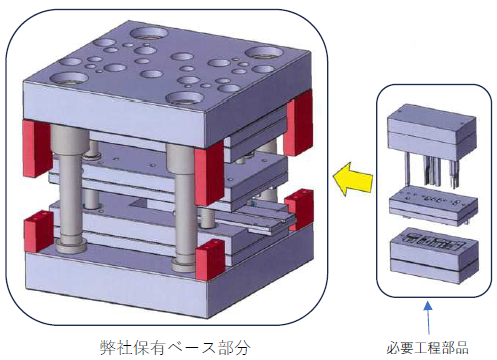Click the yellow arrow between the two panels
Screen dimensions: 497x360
click(353, 179)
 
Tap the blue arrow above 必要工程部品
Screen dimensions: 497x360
click(428, 318)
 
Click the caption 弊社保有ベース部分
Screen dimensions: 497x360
click(175, 348)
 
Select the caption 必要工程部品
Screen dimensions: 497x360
click(428, 348)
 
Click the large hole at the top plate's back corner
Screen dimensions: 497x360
click(149, 33)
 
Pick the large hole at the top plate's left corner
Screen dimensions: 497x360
click(69, 79)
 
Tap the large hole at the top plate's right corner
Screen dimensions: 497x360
click(264, 53)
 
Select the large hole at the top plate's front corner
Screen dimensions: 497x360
click(185, 98)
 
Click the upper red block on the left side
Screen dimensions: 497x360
click(36, 148)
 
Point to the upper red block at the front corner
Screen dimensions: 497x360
click(209, 172)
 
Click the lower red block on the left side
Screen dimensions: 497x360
click(38, 231)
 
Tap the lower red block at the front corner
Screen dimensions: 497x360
click(210, 259)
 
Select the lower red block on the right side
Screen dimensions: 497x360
click(299, 209)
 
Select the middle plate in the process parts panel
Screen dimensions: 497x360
click(433, 206)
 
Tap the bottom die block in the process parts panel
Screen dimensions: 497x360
click(434, 256)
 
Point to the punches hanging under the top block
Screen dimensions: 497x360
click(431, 171)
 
